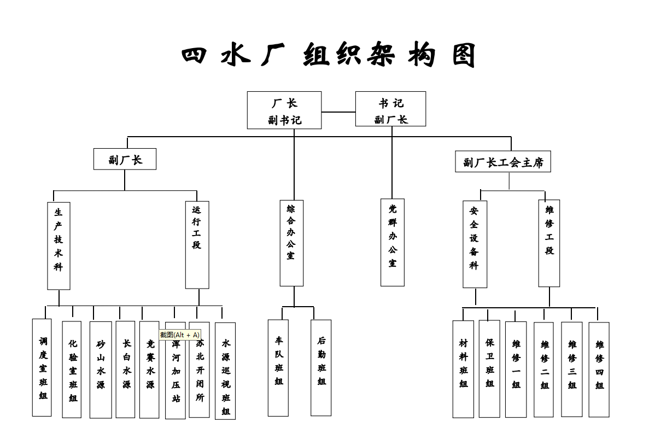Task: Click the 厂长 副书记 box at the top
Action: coord(284,110)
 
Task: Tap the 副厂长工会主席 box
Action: coord(502,162)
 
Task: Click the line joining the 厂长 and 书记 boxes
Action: coord(338,112)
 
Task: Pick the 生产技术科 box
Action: coord(59,245)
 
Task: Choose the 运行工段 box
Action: coord(197,244)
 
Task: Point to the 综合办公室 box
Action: coord(291,243)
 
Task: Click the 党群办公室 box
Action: coord(393,242)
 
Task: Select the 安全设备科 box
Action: coord(475,244)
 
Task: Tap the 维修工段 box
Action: coord(549,243)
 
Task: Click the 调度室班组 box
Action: coord(42,367)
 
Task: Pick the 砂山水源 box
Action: coord(101,370)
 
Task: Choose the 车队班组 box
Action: coord(278,367)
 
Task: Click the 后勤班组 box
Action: coord(321,367)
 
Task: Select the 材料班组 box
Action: coord(463,369)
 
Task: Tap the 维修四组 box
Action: coord(599,370)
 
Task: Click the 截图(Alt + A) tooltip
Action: coord(180,335)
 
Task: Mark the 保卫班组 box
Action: coord(489,368)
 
